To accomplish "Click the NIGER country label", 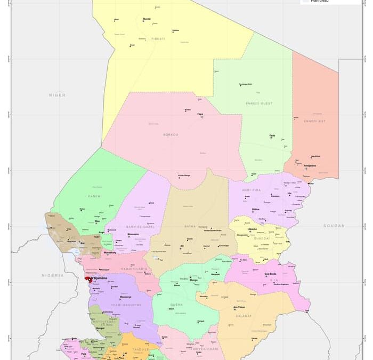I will click(57, 95).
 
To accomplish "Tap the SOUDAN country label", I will click(334, 226).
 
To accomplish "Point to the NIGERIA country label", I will click(53, 275).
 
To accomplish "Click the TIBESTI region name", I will click(158, 39).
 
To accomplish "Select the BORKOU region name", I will click(171, 134).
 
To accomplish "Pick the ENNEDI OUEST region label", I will click(260, 103).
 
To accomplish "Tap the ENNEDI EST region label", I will click(314, 121).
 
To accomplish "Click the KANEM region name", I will click(94, 196).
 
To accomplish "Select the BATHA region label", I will click(190, 226).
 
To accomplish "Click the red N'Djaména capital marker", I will click(88, 278).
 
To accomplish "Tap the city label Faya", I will click(200, 114).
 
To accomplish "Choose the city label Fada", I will click(272, 135).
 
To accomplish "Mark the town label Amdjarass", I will click(310, 165).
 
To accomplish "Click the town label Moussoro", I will click(133, 234).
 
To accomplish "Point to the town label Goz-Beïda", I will click(271, 274).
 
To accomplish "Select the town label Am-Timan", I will click(239, 307).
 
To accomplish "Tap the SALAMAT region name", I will click(244, 316).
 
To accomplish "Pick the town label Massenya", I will click(125, 297).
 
